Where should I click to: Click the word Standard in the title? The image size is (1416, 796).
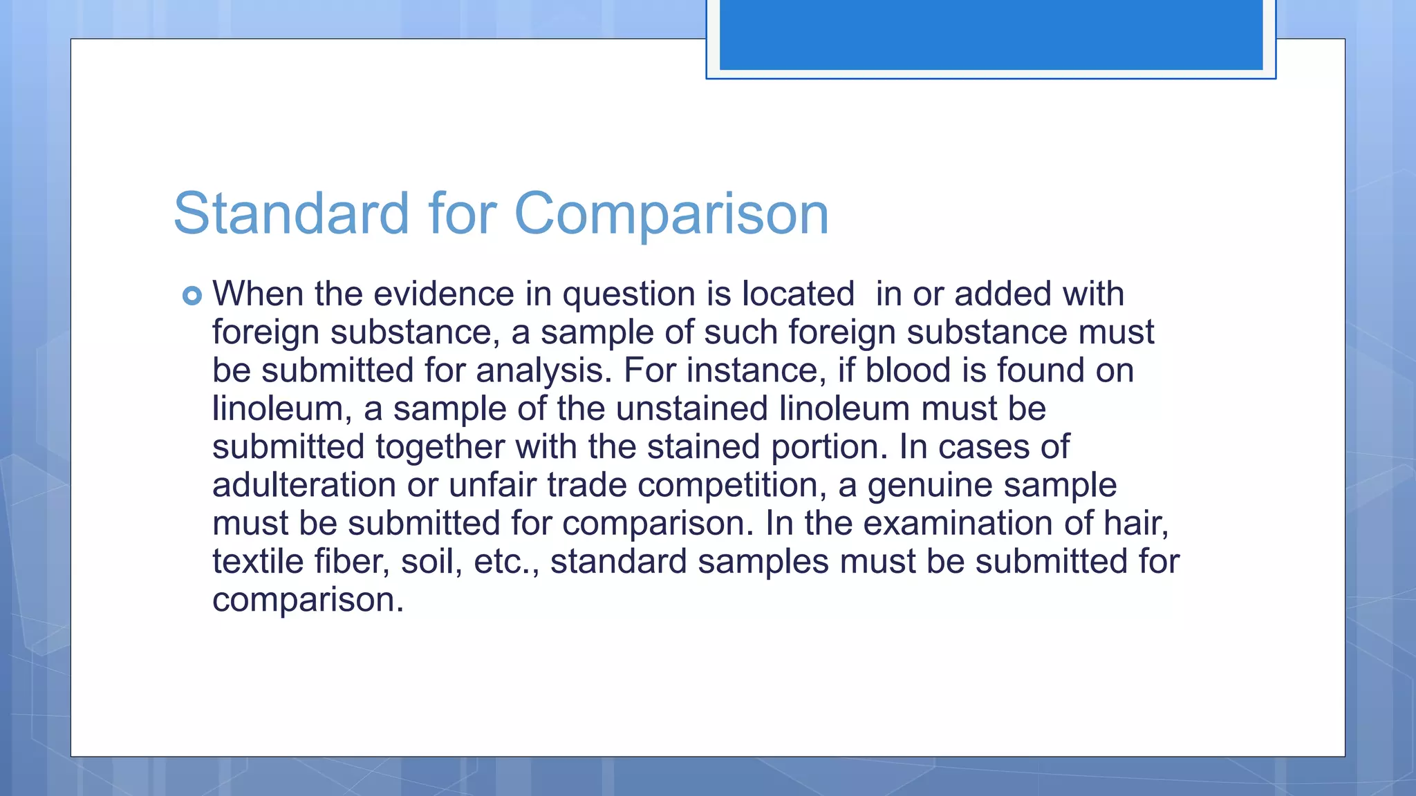(291, 213)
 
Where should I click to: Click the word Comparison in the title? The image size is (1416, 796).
(671, 214)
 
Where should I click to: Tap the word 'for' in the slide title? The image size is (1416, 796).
(462, 213)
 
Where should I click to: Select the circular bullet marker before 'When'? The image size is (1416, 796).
(192, 296)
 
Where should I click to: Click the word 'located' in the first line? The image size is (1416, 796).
(798, 294)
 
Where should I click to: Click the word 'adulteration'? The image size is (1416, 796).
(304, 485)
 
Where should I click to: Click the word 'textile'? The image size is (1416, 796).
(257, 561)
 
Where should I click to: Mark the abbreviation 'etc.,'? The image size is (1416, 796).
(506, 561)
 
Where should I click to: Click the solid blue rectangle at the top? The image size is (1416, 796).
(991, 35)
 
